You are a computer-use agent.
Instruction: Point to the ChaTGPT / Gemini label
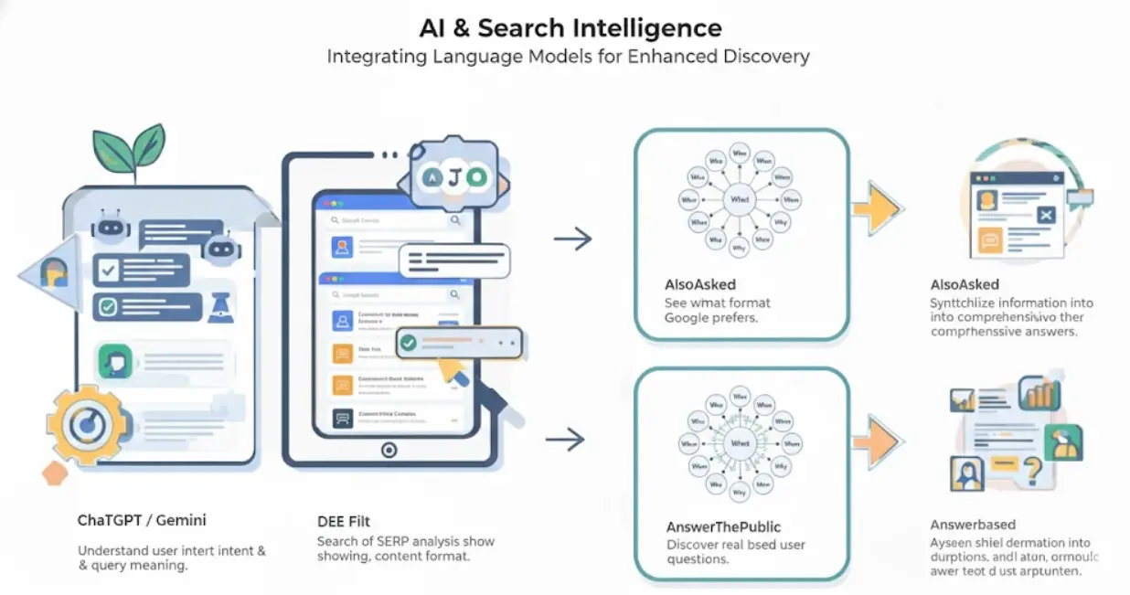coord(142,520)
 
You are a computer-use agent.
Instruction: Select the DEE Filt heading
coord(344,521)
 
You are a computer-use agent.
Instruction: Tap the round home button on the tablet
coord(389,450)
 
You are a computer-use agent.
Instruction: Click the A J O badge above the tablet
coord(453,176)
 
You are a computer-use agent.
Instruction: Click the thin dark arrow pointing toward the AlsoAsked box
coord(572,239)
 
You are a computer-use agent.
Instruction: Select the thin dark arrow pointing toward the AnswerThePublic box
coord(565,439)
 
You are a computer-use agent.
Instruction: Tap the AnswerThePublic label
coord(723,526)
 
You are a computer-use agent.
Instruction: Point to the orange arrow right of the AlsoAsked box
coord(877,209)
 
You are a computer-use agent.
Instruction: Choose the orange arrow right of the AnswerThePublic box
coord(877,442)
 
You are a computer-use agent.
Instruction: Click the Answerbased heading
coord(973,525)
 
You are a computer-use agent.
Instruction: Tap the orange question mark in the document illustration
coord(1034,472)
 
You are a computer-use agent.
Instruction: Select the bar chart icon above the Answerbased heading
coord(1042,393)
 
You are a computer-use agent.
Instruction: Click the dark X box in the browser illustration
coord(1046,216)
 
